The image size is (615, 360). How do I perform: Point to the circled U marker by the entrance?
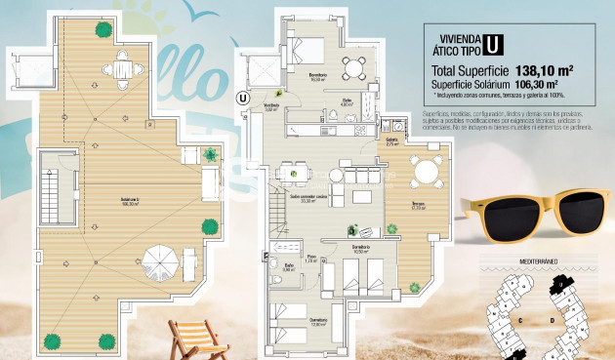tap(242, 97)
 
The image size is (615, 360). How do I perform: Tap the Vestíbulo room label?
tap(270, 106)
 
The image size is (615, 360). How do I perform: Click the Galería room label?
tap(391, 140)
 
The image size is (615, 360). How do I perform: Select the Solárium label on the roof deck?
tap(129, 200)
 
